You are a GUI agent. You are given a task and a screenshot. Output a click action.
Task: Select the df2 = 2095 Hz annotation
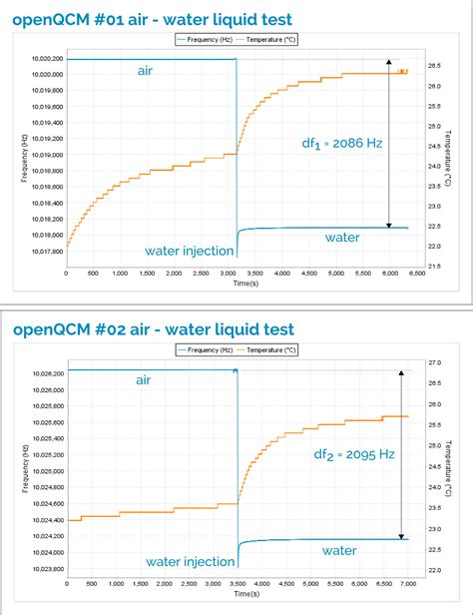click(354, 454)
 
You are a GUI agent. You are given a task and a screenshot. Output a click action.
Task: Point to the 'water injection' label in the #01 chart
click(189, 250)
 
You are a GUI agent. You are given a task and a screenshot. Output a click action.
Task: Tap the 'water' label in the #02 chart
click(339, 549)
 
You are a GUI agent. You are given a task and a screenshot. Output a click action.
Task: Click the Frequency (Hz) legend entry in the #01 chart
click(205, 40)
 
